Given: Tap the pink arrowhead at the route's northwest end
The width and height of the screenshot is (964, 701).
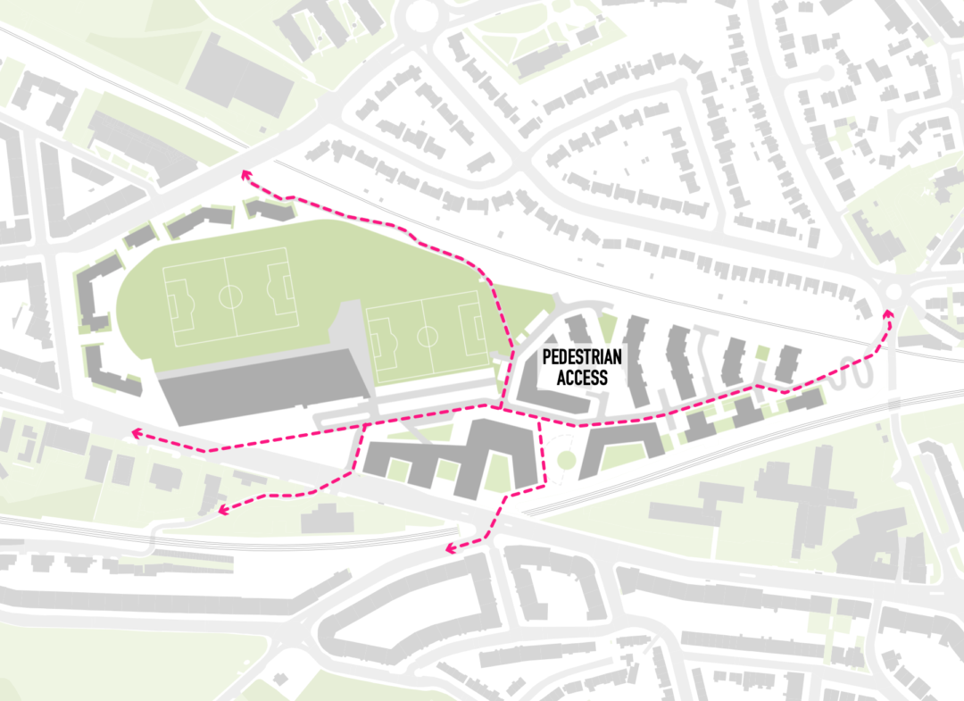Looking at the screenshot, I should click(245, 175).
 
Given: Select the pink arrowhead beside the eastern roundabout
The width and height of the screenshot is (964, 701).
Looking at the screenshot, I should click(888, 313).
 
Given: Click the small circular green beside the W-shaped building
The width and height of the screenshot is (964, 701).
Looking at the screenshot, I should click(565, 460).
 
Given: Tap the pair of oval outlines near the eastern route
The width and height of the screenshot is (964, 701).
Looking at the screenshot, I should click(855, 376).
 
